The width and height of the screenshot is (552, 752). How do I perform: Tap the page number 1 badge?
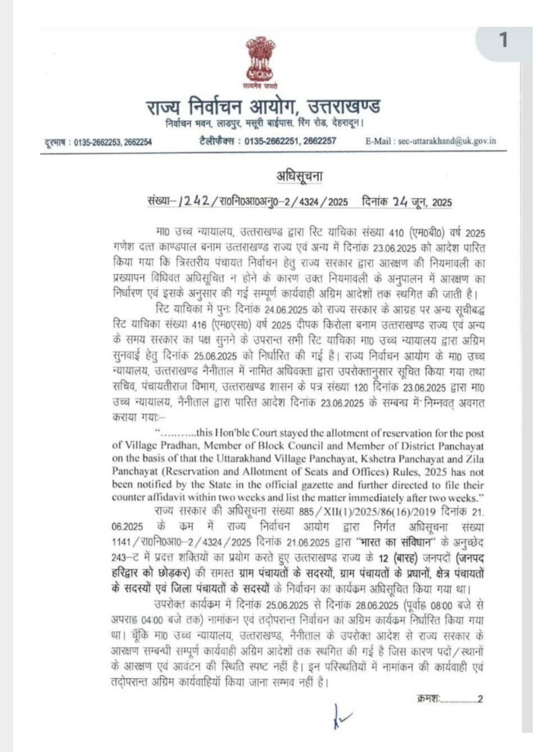coord(503,41)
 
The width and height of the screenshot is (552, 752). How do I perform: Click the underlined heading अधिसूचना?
coord(299,176)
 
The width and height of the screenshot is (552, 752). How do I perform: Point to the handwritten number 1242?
coord(194,201)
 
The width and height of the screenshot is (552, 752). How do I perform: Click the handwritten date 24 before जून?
coord(400,201)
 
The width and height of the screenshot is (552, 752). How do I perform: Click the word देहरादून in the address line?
coord(348,122)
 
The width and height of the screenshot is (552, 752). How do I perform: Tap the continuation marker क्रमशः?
coord(428,698)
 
